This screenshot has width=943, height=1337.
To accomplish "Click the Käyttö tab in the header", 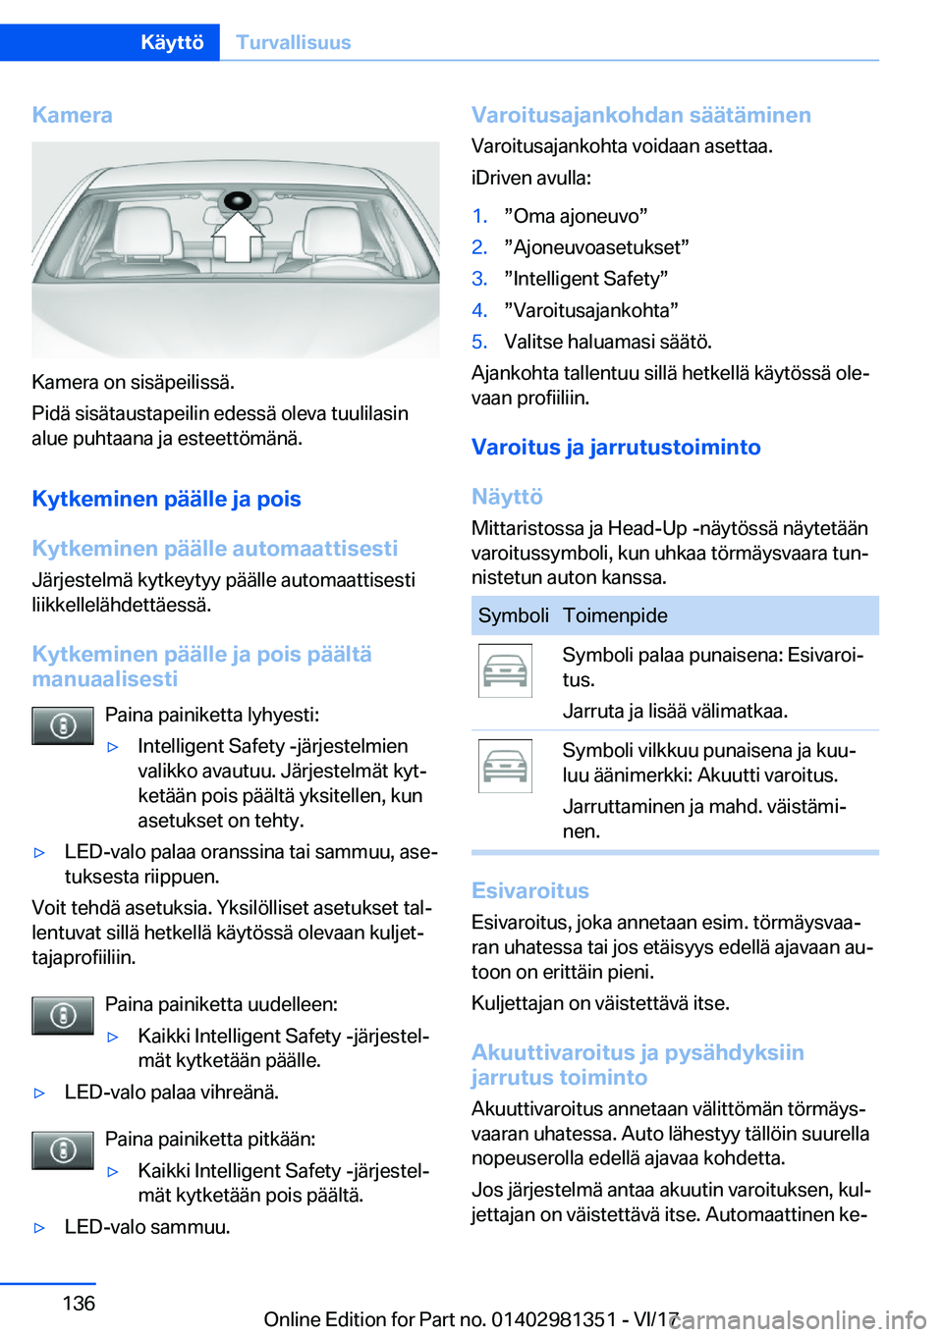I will click(172, 42).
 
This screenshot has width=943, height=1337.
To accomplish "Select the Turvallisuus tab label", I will click(293, 42).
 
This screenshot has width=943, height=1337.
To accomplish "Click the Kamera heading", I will click(72, 115).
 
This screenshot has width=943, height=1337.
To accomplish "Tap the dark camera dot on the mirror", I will click(237, 201).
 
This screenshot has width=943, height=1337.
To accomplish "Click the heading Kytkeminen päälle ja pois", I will click(166, 499).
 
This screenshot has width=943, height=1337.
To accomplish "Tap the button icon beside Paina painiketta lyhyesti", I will click(63, 726).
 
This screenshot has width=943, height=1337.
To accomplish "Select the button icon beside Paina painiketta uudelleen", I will click(63, 1016).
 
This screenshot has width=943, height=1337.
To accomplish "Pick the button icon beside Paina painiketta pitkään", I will click(63, 1150).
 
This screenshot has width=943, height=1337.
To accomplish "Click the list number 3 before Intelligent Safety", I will click(479, 279).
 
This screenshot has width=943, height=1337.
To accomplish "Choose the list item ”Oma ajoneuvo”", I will click(576, 216).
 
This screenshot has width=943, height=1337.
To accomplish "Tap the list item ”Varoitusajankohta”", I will click(591, 310).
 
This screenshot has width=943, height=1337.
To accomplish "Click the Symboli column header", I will click(513, 615).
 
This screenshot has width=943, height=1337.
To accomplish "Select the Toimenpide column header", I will click(615, 615).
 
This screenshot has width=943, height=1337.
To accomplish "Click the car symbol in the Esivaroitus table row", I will click(505, 670).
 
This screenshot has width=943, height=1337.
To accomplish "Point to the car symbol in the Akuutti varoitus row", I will click(505, 766).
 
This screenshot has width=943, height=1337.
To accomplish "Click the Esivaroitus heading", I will click(530, 890).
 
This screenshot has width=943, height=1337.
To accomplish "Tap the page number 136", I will click(79, 1303).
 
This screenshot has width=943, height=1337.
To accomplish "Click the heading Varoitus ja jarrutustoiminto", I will click(616, 447).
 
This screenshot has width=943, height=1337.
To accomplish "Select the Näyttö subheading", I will click(507, 497).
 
